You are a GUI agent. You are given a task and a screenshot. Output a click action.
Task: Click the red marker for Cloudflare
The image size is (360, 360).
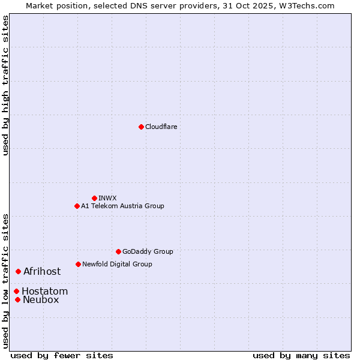pyautogui.click(x=141, y=127)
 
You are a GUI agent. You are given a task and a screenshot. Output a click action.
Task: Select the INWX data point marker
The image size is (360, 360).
pyautogui.click(x=94, y=198)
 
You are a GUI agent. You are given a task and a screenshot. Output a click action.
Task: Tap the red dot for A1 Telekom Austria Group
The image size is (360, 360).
pyautogui.click(x=77, y=206)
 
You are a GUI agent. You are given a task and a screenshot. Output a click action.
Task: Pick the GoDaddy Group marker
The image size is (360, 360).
pyautogui.click(x=118, y=251)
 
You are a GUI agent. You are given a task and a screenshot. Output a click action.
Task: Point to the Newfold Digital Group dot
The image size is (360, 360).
pyautogui.click(x=78, y=264)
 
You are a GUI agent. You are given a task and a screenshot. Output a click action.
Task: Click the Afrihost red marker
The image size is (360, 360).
pyautogui.click(x=18, y=272)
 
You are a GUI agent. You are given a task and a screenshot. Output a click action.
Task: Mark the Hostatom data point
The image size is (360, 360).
pyautogui.click(x=16, y=292)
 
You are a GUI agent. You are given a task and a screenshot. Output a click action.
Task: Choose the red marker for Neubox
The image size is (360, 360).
pyautogui.click(x=17, y=300)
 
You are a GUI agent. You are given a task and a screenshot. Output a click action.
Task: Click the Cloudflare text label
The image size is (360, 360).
pyautogui.click(x=161, y=127)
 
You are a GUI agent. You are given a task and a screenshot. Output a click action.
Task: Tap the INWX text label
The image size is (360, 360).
pyautogui.click(x=107, y=198)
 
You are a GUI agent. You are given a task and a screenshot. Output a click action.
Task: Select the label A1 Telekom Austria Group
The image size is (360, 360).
pyautogui.click(x=122, y=206)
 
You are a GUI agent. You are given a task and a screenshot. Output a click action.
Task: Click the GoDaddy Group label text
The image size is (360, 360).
pyautogui.click(x=148, y=251)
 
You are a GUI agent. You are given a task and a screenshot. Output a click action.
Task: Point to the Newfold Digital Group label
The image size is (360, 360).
pyautogui.click(x=117, y=264)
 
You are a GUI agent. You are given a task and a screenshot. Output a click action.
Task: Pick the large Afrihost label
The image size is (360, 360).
pyautogui.click(x=42, y=272)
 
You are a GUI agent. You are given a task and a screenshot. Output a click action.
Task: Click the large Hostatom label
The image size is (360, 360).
pyautogui.click(x=44, y=292)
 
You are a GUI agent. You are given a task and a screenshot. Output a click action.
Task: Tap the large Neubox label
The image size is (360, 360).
pyautogui.click(x=41, y=300)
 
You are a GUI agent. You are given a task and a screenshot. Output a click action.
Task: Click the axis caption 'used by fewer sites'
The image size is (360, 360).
pyautogui.click(x=62, y=355)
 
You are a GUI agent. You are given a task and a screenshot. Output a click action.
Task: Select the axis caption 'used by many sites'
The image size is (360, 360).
pyautogui.click(x=301, y=355)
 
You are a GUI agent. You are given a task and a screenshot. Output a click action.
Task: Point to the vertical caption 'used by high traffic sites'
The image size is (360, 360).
pyautogui.click(x=5, y=85)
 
